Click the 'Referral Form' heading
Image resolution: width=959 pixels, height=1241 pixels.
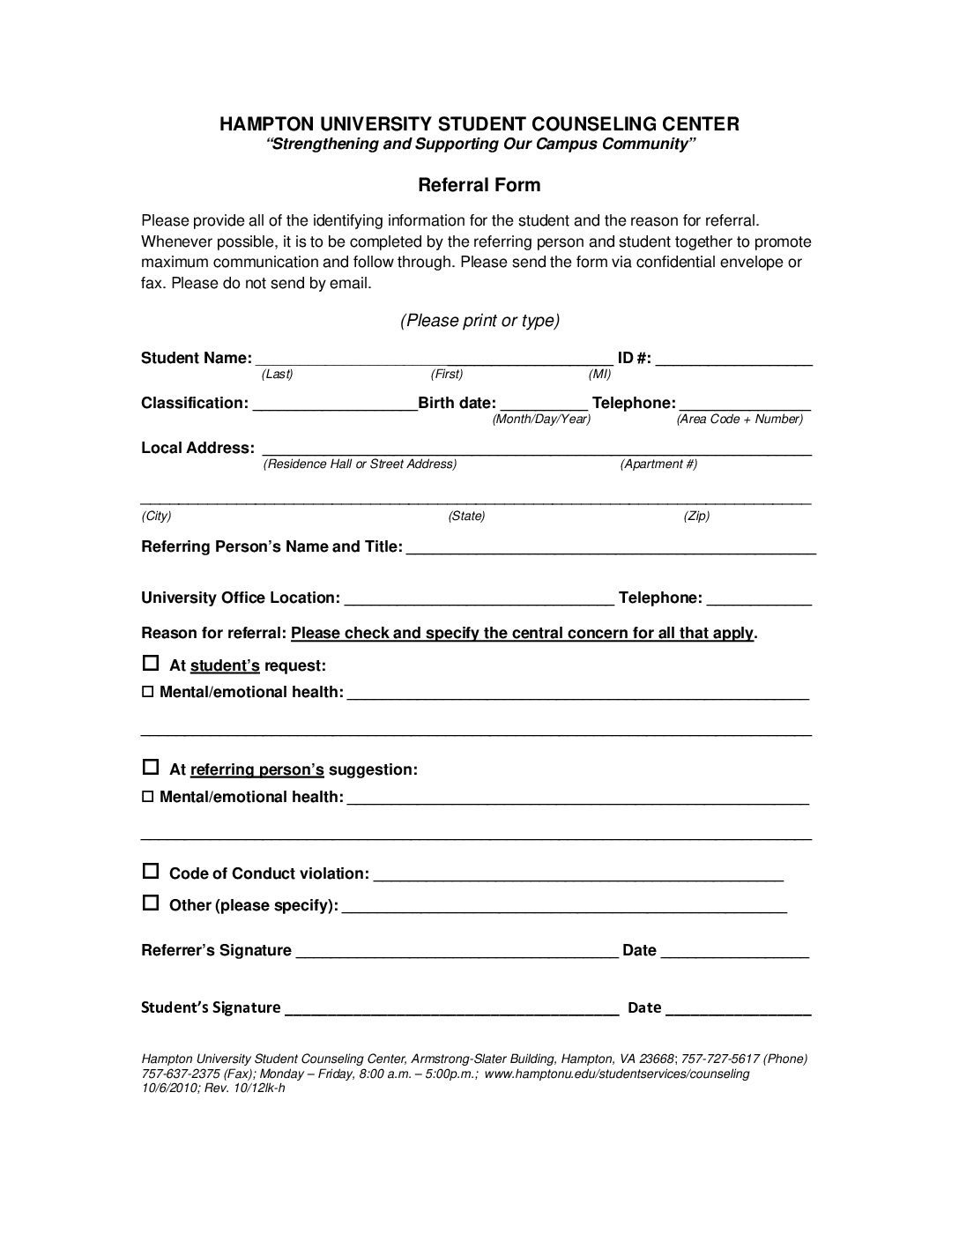click(479, 185)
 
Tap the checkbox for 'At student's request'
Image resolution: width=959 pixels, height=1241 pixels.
click(151, 663)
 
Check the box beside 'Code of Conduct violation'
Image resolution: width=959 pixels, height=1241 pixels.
click(151, 871)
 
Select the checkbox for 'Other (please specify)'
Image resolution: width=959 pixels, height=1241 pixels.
click(151, 903)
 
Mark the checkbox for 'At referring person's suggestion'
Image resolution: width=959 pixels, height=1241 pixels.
click(151, 767)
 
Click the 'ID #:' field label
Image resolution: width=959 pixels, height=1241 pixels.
click(635, 358)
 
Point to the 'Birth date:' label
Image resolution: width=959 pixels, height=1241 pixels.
click(457, 403)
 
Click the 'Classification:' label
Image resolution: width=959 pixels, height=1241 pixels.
click(195, 403)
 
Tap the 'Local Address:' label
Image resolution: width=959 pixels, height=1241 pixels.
click(197, 448)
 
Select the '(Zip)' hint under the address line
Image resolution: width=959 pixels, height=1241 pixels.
click(696, 516)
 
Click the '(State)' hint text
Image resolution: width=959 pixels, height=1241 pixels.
click(466, 516)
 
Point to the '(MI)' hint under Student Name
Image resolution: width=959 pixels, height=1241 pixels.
click(599, 375)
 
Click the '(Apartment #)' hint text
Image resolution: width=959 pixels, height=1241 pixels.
click(658, 464)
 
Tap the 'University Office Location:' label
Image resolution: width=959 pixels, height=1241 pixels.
click(240, 598)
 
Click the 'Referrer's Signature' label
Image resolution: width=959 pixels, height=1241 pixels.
click(216, 950)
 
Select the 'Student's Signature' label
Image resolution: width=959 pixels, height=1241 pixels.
click(211, 1007)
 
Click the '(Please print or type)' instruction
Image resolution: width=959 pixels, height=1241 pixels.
click(479, 320)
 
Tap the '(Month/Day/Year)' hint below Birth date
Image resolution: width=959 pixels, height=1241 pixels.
click(541, 420)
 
